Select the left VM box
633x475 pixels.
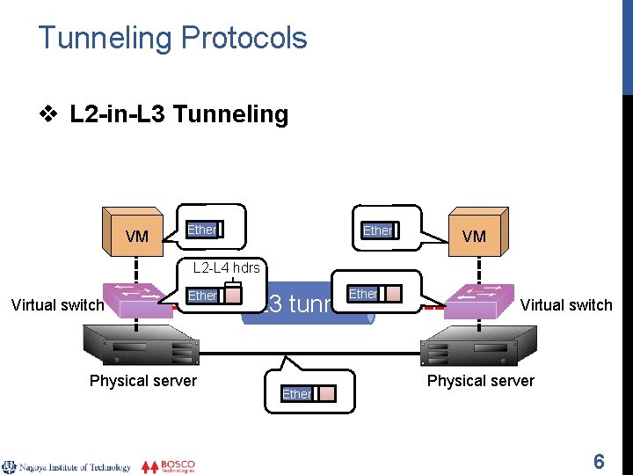coord(135,232)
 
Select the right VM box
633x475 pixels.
coord(476,232)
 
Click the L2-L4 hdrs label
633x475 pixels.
coord(226,267)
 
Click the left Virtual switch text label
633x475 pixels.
coord(57,305)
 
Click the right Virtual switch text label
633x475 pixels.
coord(566,305)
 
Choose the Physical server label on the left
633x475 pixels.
coord(143,380)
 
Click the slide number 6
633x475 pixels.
coord(599,461)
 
